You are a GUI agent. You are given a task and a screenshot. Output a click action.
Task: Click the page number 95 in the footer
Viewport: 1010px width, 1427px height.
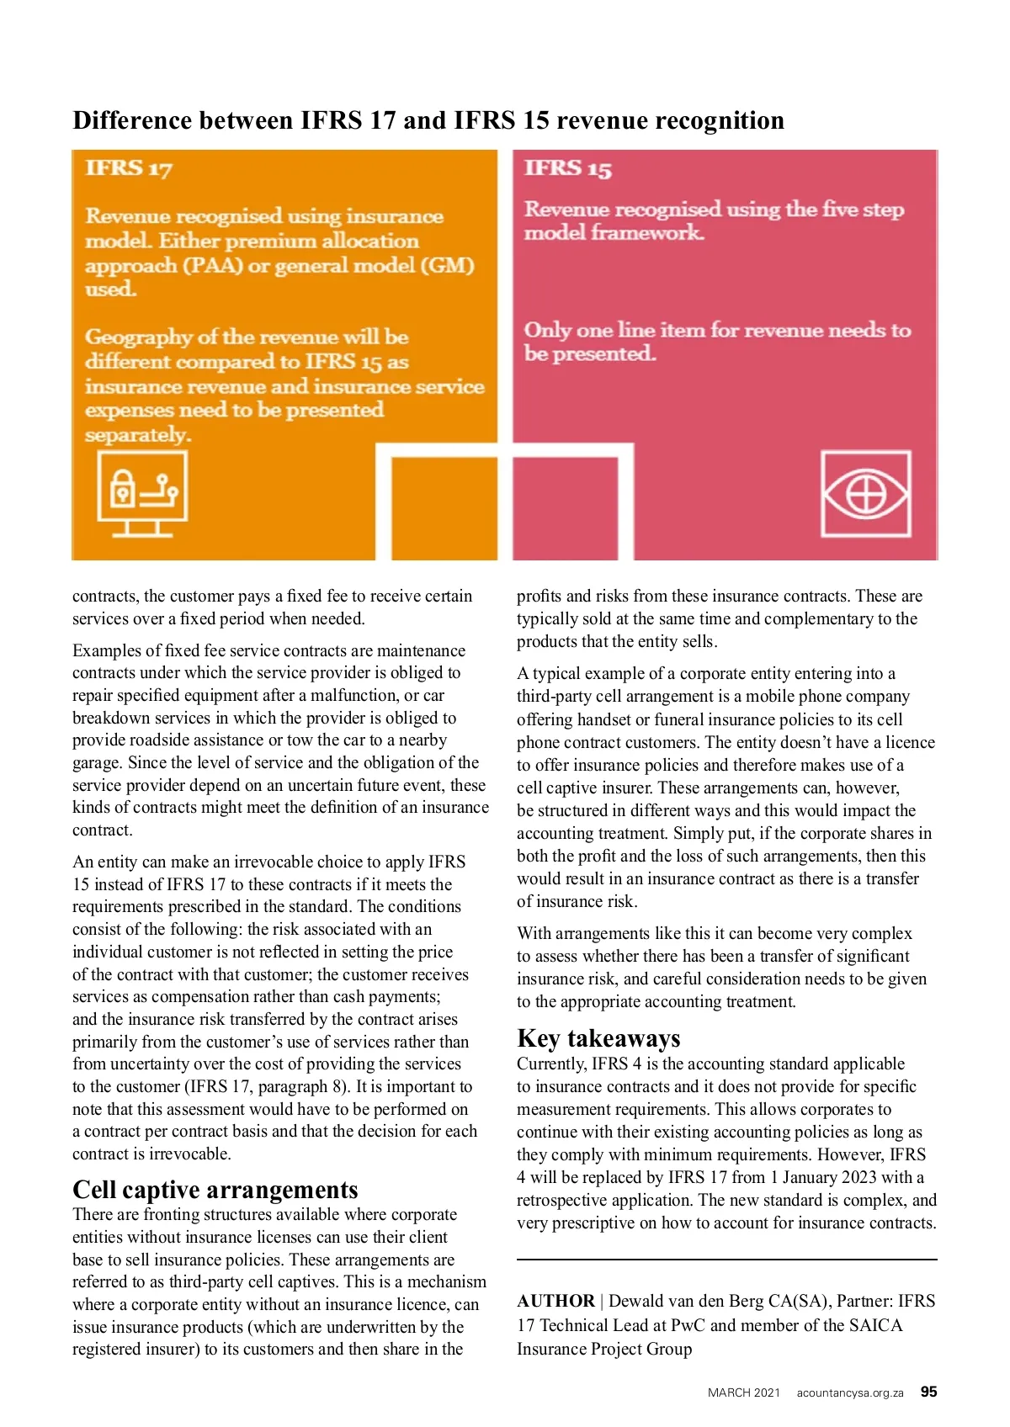[928, 1392]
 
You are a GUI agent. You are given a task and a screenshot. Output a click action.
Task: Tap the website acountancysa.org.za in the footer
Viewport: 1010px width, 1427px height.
[850, 1393]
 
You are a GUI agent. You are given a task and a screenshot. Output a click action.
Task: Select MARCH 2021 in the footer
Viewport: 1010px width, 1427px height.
[744, 1393]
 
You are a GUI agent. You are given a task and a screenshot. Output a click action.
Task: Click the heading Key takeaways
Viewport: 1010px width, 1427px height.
[598, 1038]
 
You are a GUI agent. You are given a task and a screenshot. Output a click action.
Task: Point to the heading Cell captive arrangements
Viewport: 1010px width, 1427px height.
[215, 1190]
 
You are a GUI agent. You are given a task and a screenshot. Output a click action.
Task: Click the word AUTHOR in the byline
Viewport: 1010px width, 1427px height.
[555, 1301]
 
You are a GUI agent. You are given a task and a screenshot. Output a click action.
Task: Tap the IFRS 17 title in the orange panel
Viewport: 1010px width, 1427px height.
[129, 168]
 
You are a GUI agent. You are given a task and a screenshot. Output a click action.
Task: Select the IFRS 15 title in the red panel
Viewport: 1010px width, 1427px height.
[568, 168]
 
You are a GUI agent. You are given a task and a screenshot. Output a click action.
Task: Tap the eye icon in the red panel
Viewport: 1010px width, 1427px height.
[866, 494]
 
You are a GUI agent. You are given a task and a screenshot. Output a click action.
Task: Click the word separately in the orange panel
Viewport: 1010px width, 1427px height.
[137, 435]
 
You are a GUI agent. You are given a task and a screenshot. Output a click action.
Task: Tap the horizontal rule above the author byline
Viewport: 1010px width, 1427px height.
[726, 1260]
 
